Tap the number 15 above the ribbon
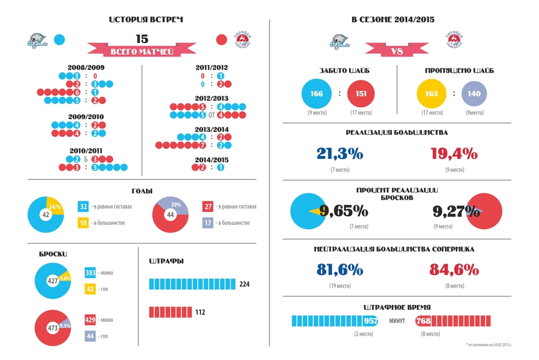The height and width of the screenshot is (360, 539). (x=142, y=39)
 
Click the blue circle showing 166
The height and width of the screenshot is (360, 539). (x=316, y=93)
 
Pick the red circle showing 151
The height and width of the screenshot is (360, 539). (x=361, y=93)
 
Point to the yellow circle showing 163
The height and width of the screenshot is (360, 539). (x=431, y=93)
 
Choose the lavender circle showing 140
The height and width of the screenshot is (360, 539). (x=474, y=93)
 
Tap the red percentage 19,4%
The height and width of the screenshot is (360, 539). (x=454, y=154)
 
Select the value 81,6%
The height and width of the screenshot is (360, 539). (x=340, y=269)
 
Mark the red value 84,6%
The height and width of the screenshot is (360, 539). (x=454, y=269)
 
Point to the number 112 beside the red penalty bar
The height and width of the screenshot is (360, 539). (x=199, y=312)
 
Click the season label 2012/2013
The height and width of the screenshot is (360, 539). (x=212, y=99)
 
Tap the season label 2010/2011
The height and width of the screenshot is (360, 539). (x=86, y=150)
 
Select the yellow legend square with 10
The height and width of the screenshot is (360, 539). (x=83, y=222)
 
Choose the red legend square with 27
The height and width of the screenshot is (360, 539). (x=209, y=206)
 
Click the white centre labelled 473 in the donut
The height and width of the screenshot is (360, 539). (x=52, y=328)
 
